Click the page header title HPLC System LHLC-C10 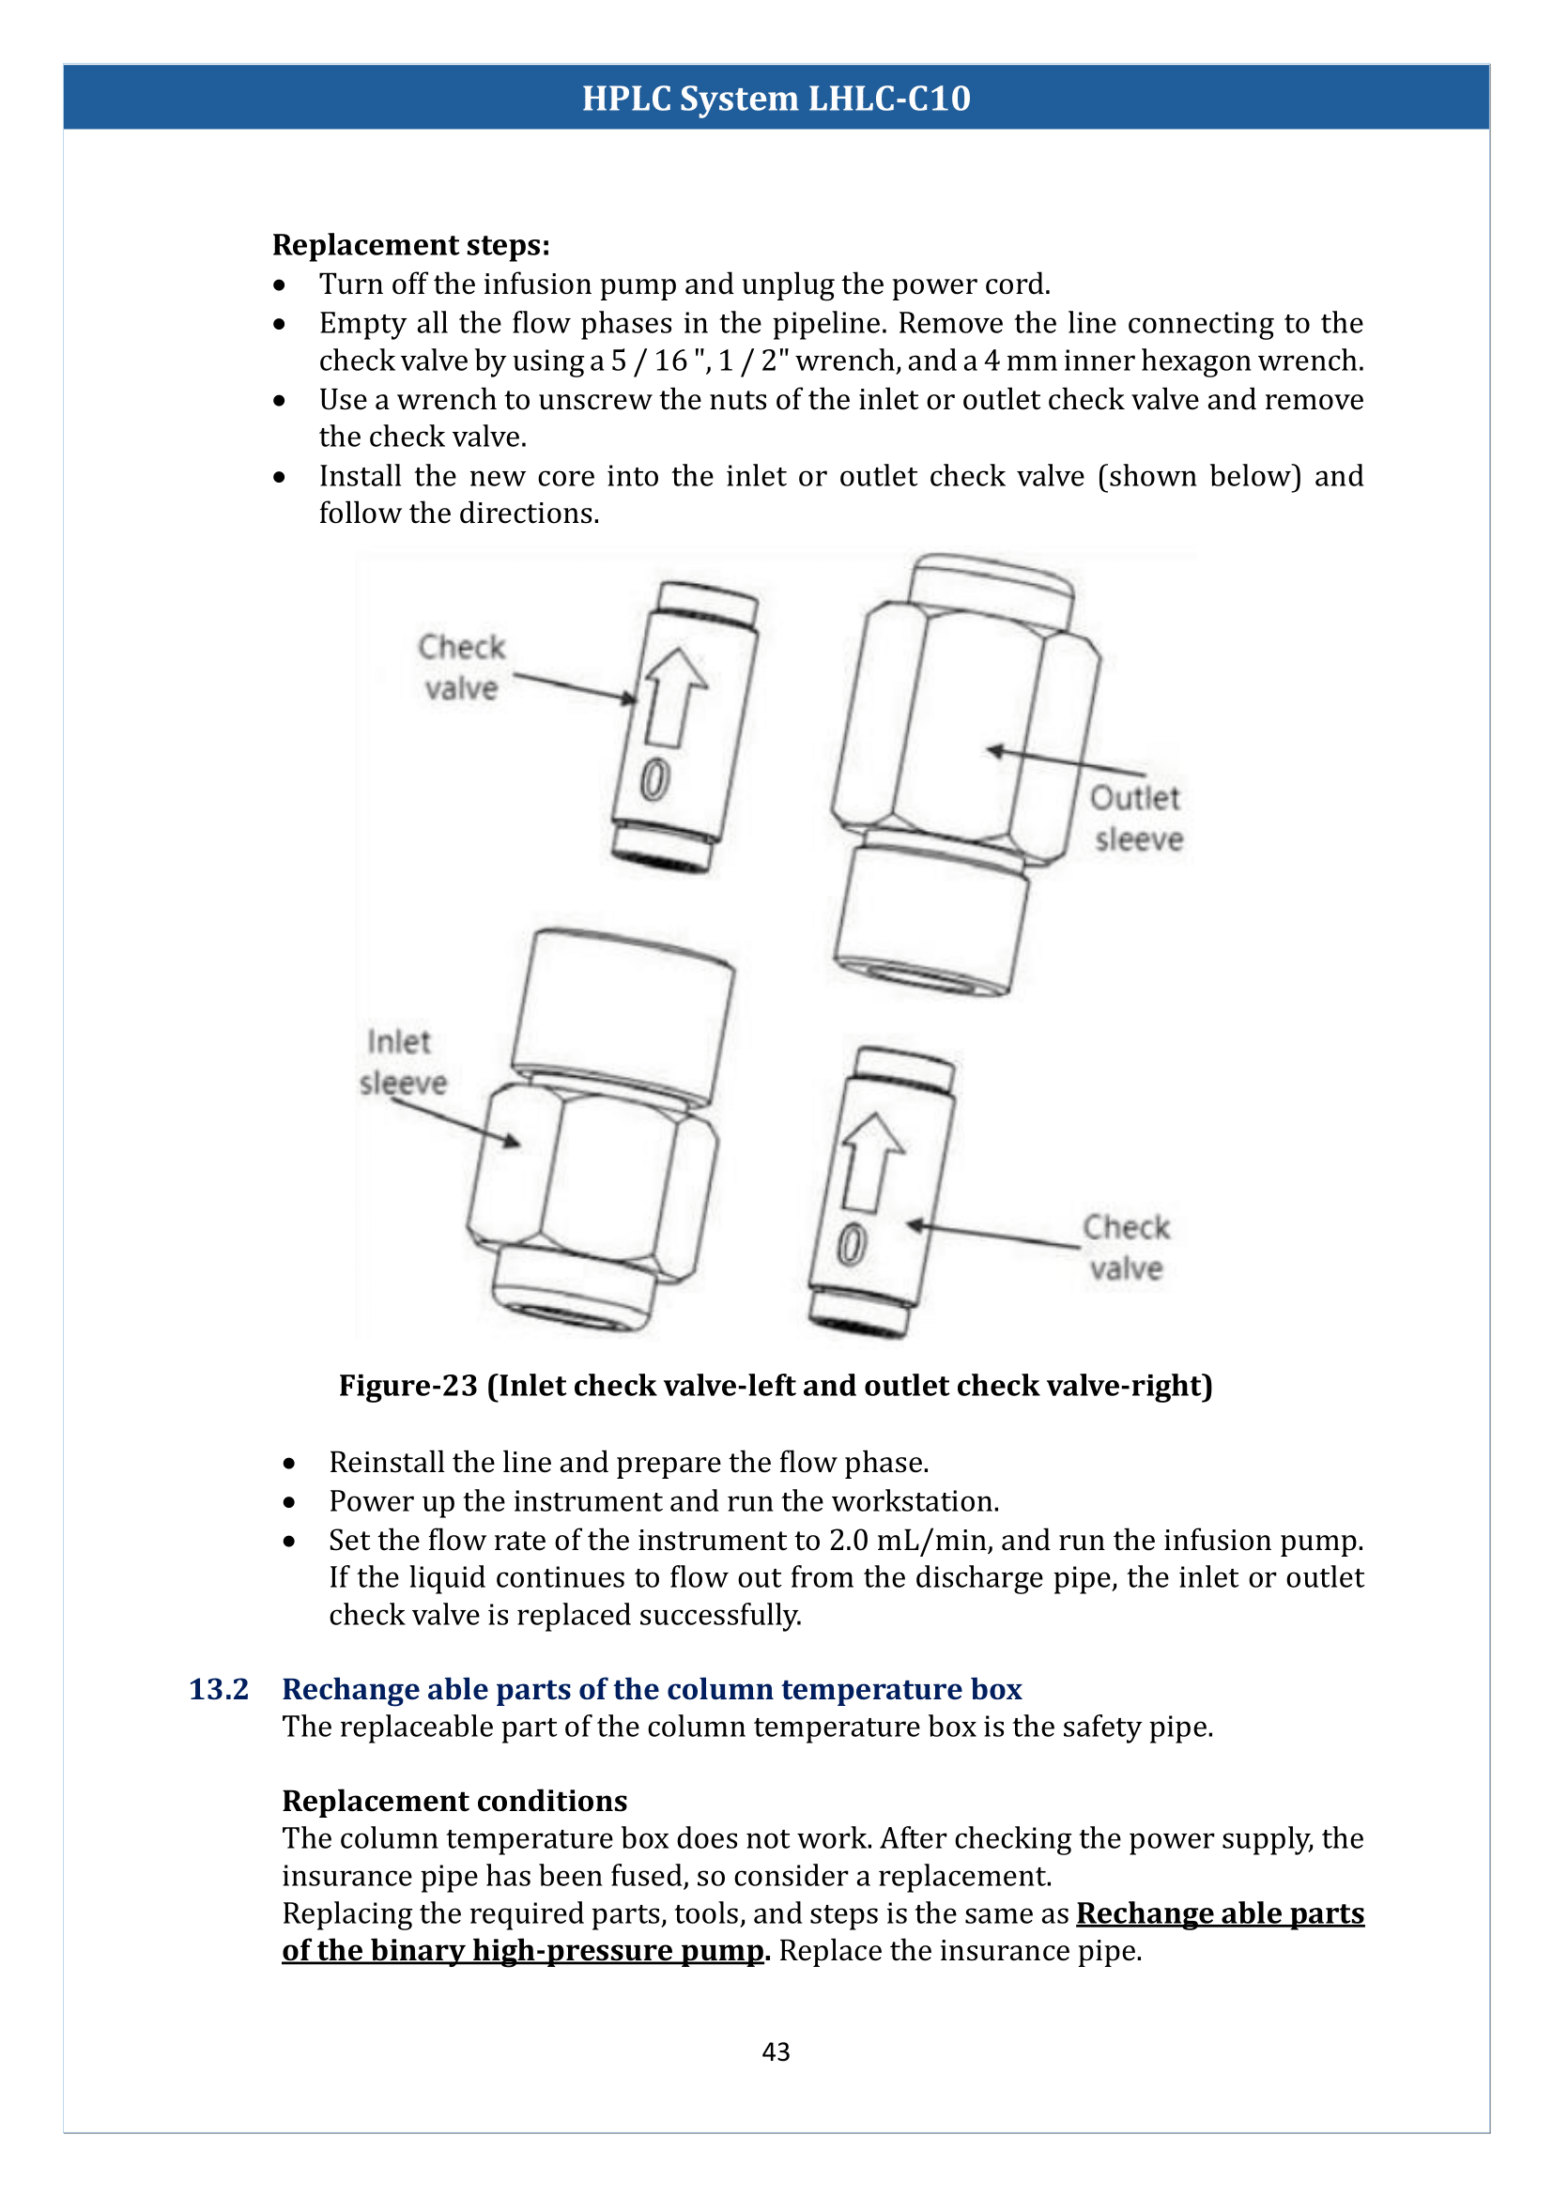776,98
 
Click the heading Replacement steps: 411,245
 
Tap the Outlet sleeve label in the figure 1136,819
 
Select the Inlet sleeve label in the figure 403,1062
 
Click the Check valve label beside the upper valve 461,668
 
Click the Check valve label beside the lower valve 1126,1247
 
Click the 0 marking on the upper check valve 655,779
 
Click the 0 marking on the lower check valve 851,1245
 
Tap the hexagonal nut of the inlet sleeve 592,1181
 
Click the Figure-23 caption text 776,1386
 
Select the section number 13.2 218,1689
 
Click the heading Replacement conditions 454,1801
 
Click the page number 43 776,2051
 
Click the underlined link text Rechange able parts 1220,1912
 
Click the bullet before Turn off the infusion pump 279,285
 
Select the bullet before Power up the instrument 289,1502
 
